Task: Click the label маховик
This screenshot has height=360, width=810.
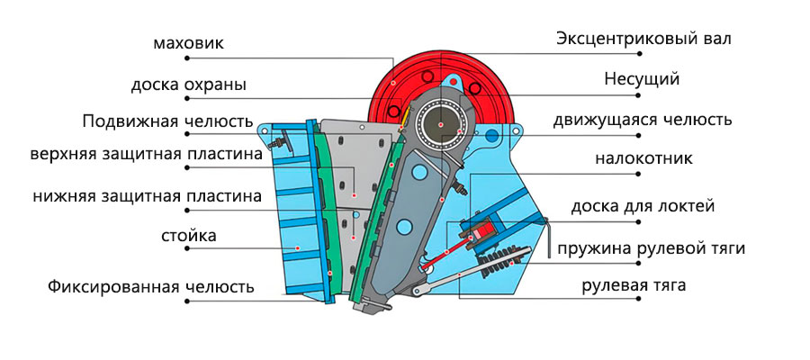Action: (188, 42)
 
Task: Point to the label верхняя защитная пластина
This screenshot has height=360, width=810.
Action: (146, 155)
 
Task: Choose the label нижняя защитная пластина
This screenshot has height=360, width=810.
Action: (148, 195)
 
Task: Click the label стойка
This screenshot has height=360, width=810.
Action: (189, 237)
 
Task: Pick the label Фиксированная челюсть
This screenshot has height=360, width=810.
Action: (151, 287)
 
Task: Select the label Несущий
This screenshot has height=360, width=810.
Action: (642, 79)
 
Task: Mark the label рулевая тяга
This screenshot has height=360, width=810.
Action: (633, 286)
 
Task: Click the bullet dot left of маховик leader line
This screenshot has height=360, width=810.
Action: (187, 58)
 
